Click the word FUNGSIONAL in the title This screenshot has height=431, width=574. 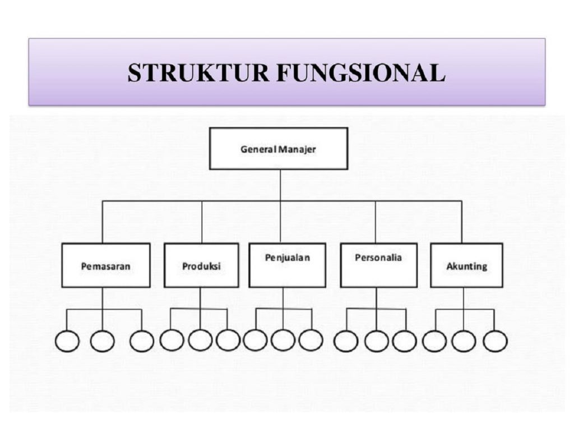coord(359,73)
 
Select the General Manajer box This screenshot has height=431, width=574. coord(279,149)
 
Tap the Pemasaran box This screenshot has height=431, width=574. coord(106,265)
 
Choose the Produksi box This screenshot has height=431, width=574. coord(201,265)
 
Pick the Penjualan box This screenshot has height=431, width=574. coord(287,265)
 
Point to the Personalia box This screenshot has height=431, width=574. coord(378,265)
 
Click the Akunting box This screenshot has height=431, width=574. coord(466,265)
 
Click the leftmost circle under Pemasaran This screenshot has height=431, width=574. coord(67,341)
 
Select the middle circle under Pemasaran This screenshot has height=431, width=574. coord(103,341)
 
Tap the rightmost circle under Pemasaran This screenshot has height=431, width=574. coord(141,341)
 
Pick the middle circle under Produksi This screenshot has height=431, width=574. coord(200,340)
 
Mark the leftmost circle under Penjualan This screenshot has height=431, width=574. coord(256,340)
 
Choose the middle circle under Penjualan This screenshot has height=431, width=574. coord(283,340)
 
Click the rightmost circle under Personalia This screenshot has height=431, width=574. coord(404,341)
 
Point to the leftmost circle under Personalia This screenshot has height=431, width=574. coord(346,341)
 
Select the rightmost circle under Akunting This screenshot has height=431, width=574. coord(495,341)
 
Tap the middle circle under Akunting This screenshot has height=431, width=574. coord(464,341)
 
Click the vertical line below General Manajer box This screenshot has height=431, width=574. coord(280,185)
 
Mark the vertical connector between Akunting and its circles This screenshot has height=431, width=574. coord(464,299)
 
